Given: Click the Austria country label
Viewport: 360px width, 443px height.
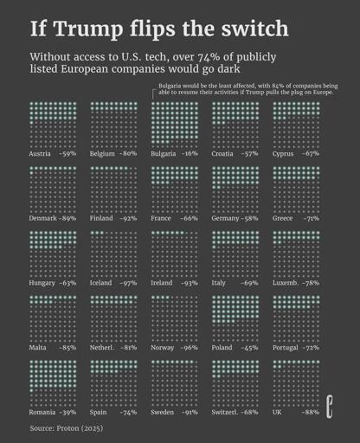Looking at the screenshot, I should coord(41,153).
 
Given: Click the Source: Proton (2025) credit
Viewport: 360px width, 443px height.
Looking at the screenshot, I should coord(66,428).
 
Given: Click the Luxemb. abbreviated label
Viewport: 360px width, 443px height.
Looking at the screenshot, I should coord(286,283).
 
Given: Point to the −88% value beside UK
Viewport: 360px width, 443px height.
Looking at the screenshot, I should coord(309,413).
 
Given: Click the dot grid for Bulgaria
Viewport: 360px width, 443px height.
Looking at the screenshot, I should coord(174,123).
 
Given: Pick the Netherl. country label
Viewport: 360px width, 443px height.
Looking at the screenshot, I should coord(103,348).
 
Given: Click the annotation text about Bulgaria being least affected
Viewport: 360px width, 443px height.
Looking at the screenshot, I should coord(247,89).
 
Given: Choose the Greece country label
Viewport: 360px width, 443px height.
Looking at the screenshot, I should coord(283,218).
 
